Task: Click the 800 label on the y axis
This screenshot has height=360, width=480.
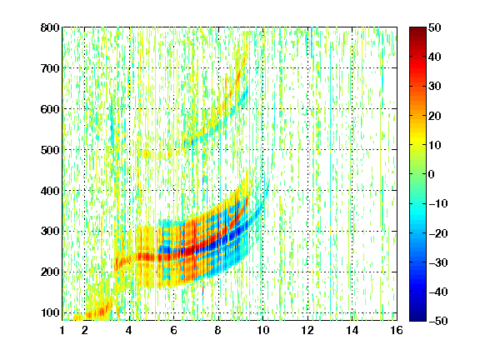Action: pos(50,27)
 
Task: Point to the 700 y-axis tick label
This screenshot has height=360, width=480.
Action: pos(50,68)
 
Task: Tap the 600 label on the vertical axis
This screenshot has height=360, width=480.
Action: pos(50,109)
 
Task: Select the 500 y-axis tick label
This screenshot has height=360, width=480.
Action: pos(50,150)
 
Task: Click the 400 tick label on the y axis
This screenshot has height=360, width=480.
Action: pos(50,191)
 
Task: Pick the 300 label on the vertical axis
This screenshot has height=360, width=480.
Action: pos(50,232)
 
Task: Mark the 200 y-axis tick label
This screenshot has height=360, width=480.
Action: pos(50,272)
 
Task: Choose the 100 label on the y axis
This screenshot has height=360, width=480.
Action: pos(50,312)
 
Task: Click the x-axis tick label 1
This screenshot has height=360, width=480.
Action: pos(62,330)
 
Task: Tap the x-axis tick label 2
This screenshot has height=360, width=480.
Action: pos(85,330)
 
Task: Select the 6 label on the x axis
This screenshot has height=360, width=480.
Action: pos(174,330)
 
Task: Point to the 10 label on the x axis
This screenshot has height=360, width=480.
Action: pos(262,330)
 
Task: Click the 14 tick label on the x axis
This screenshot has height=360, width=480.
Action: pos(352,330)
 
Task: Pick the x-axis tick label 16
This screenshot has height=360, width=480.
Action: pos(397,330)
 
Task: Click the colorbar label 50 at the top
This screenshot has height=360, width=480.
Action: pos(434,27)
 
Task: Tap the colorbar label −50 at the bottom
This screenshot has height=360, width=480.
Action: pos(437,321)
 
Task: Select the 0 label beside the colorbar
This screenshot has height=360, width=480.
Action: pos(432,174)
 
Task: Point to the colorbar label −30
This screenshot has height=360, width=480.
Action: pos(437,262)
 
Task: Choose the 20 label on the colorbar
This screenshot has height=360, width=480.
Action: pos(434,116)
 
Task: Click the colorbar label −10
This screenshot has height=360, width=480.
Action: pos(437,203)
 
